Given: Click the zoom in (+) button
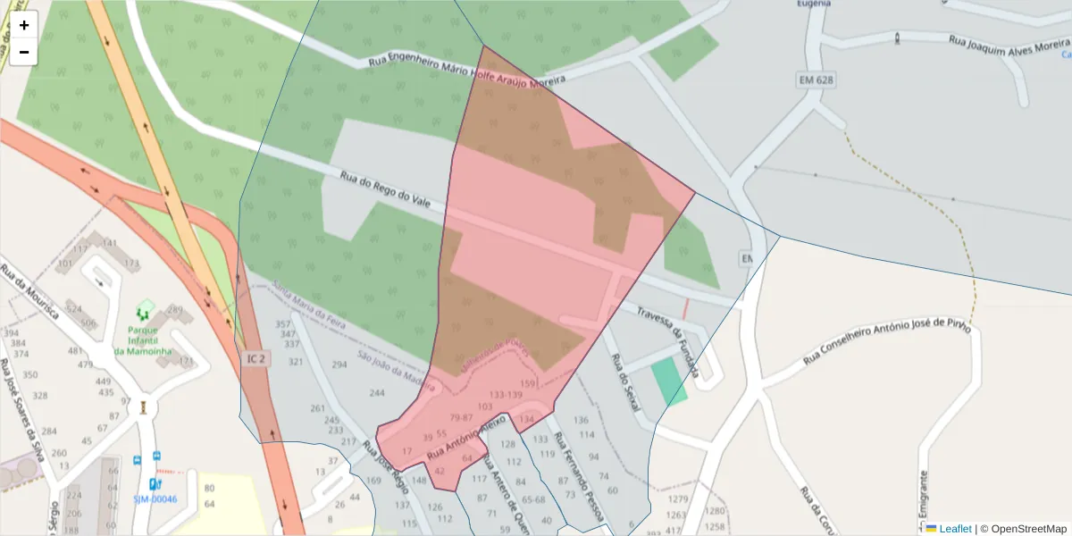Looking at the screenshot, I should tap(24, 25).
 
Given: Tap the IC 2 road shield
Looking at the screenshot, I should tap(255, 358).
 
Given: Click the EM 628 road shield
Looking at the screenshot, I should tap(815, 80).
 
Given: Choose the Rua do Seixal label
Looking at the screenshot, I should tap(625, 382).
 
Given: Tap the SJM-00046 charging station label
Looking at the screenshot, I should tap(155, 499).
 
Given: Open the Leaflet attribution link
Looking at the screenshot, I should tap(954, 529).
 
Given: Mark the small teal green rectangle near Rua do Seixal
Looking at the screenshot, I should tap(669, 381).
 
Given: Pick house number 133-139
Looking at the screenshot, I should tap(506, 395).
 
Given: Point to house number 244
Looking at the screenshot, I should tap(377, 393).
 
